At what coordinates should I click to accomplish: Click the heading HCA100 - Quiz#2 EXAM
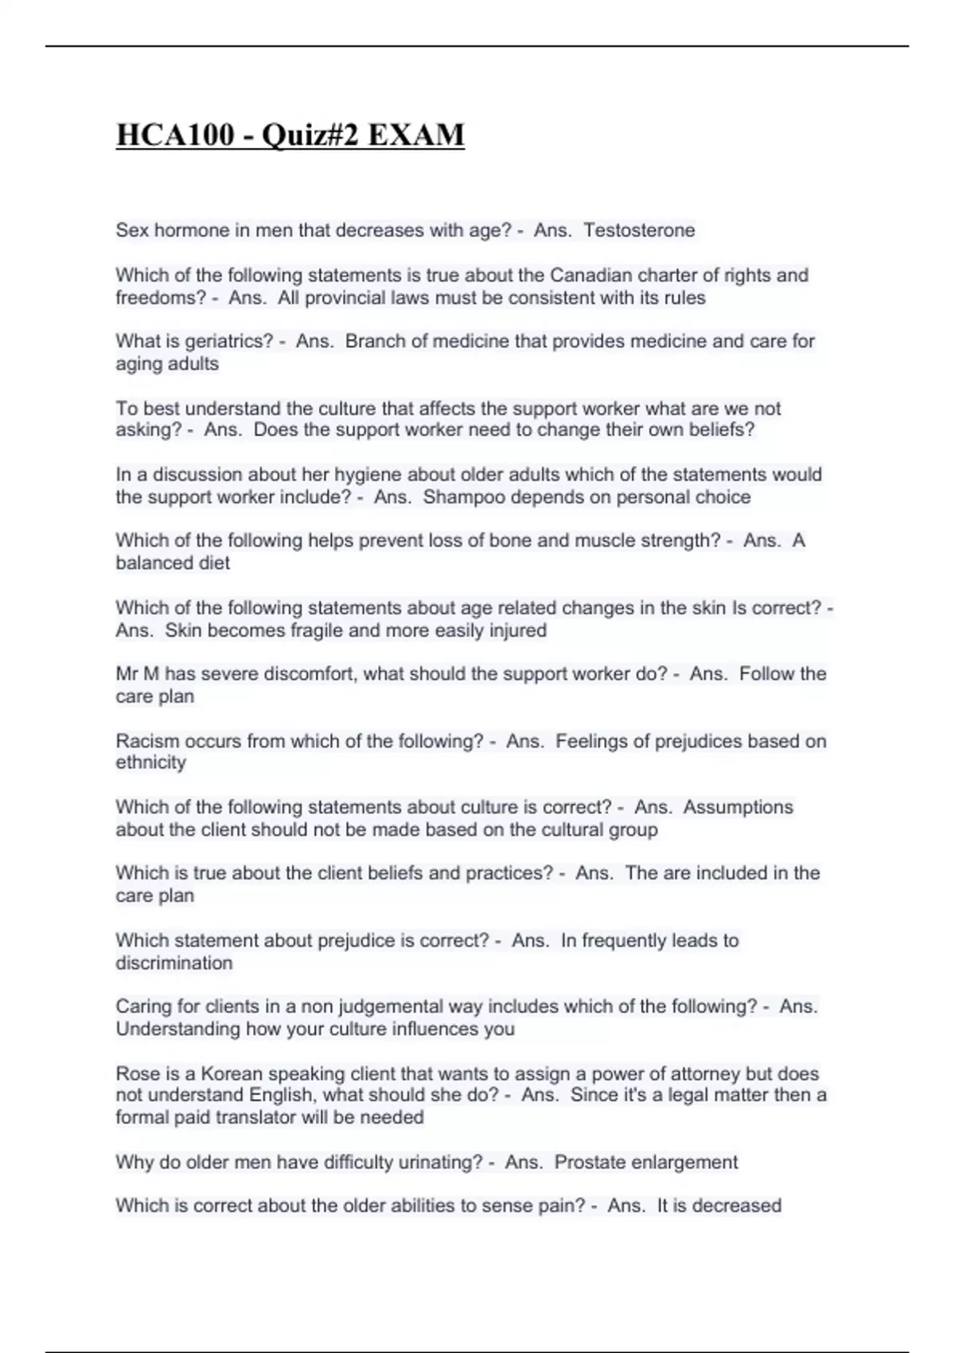pyautogui.click(x=290, y=135)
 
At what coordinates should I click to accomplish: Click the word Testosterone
pyautogui.click(x=639, y=231)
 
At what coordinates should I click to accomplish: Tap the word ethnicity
pyautogui.click(x=151, y=762)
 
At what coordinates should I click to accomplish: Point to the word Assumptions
pyautogui.click(x=738, y=807)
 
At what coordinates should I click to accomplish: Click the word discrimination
pyautogui.click(x=174, y=963)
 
